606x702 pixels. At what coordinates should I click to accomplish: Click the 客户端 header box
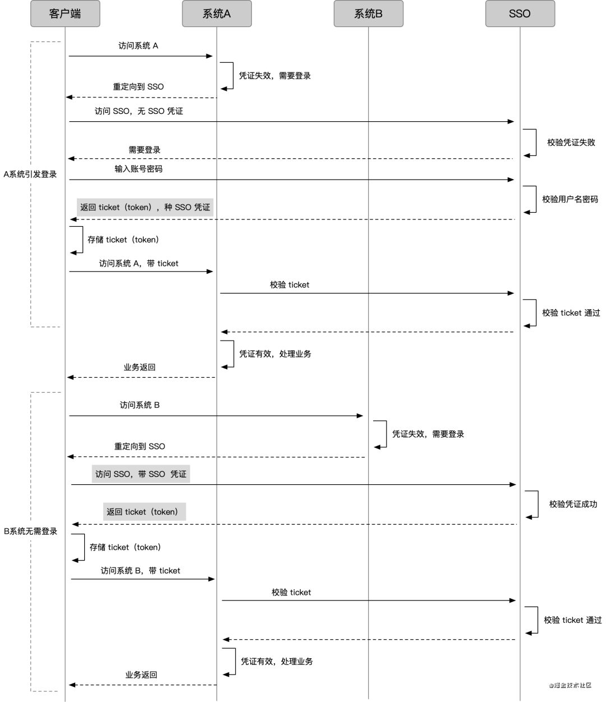[x=65, y=13]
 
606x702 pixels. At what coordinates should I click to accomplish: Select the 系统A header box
[x=217, y=13]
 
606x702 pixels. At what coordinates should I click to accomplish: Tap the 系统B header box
[x=368, y=13]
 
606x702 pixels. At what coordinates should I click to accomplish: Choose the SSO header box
[x=520, y=13]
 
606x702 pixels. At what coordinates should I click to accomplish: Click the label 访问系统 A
[x=138, y=45]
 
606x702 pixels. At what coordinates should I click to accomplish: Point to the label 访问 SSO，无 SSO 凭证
[x=139, y=111]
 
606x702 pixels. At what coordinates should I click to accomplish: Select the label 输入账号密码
[x=138, y=168]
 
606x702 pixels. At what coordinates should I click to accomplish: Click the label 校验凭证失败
[x=571, y=143]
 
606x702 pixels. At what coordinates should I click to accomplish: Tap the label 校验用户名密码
[x=570, y=199]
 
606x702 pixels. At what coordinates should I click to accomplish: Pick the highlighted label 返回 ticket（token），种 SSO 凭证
[x=145, y=207]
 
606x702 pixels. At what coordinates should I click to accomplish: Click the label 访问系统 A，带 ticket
[x=139, y=263]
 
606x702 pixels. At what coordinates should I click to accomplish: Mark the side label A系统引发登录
[x=30, y=174]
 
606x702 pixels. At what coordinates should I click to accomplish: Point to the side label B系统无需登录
[x=30, y=531]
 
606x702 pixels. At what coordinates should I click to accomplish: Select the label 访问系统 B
[x=139, y=405]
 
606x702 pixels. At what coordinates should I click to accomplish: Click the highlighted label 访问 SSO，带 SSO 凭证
[x=141, y=474]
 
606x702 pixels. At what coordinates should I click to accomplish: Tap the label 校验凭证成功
[x=573, y=504]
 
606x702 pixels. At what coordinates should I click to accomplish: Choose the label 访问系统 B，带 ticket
[x=140, y=571]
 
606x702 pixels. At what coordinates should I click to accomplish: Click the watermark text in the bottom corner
[x=570, y=685]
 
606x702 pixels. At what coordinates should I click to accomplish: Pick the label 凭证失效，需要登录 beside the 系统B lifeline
[x=428, y=434]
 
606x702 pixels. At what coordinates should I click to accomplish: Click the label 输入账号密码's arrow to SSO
[x=292, y=180]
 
